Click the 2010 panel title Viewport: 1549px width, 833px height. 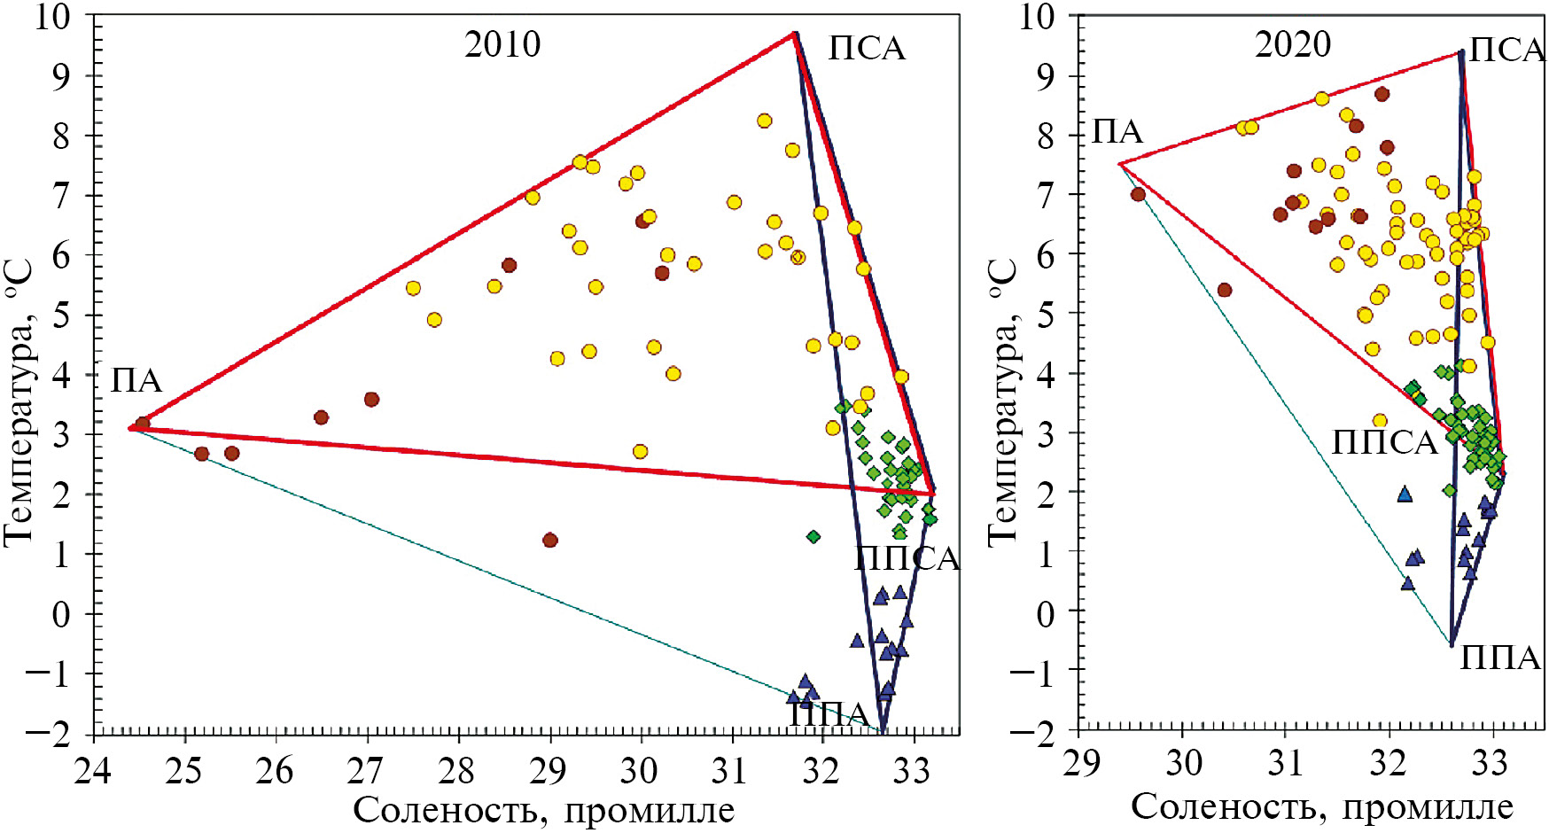click(x=502, y=44)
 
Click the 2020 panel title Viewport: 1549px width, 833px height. click(x=1292, y=44)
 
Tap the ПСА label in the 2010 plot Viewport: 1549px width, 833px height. click(x=867, y=49)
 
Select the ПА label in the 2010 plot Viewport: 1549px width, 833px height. click(x=136, y=381)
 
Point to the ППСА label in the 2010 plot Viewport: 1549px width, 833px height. click(x=907, y=559)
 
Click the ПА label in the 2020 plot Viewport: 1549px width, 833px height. click(x=1117, y=132)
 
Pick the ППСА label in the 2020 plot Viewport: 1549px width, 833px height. click(x=1384, y=442)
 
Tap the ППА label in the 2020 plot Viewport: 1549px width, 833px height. click(x=1500, y=658)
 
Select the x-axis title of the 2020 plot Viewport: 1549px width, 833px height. click(x=1321, y=807)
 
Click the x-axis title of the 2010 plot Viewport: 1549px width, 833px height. click(x=544, y=810)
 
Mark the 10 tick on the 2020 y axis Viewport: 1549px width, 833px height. click(x=1038, y=17)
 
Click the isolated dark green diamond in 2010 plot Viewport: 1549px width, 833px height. click(x=813, y=536)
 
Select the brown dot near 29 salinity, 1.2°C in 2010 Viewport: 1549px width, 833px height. click(x=549, y=540)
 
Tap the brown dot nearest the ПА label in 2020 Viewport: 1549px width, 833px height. click(x=1138, y=194)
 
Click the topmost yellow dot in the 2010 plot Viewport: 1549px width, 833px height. click(x=764, y=121)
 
